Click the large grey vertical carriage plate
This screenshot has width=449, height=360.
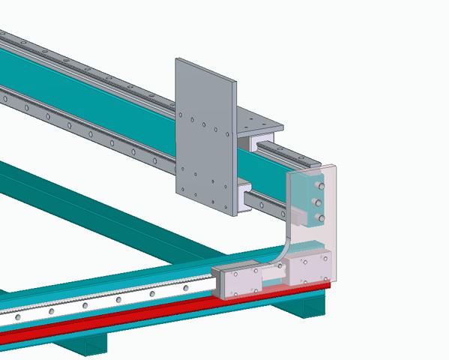coord(205,135)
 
